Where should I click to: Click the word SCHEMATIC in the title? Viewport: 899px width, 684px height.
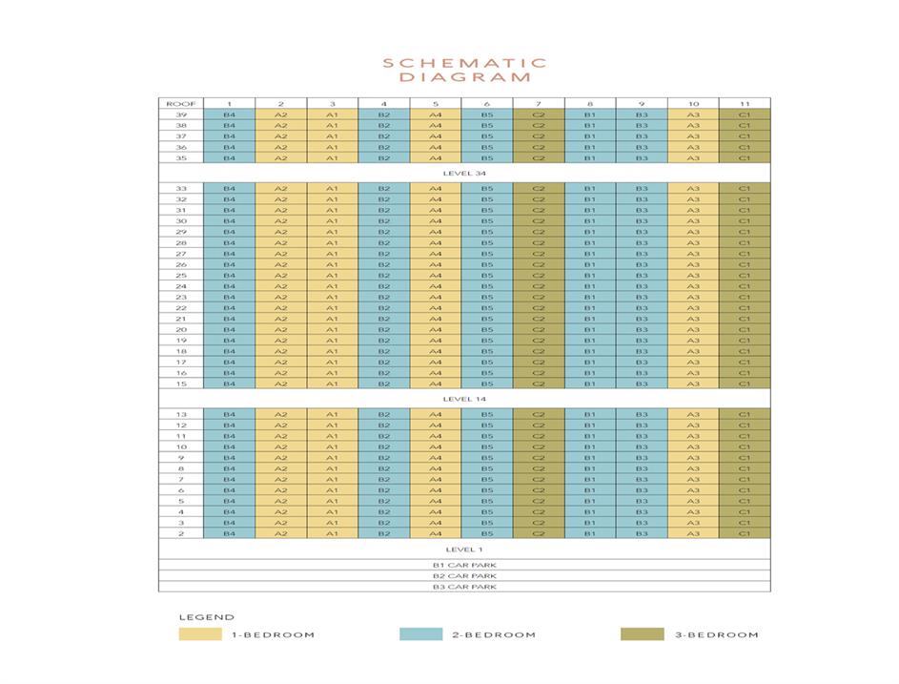(x=464, y=63)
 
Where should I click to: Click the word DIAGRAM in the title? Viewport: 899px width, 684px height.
(x=464, y=77)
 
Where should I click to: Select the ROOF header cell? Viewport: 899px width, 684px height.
(x=180, y=103)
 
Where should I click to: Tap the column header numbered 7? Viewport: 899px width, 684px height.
(x=539, y=103)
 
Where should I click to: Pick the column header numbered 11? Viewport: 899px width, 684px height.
(x=745, y=103)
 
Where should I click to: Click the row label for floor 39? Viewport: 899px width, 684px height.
(x=180, y=114)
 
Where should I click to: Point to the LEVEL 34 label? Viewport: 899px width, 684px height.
(x=464, y=174)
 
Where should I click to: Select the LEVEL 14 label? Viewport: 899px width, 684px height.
(x=464, y=399)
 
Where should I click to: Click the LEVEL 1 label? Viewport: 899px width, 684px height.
(x=464, y=549)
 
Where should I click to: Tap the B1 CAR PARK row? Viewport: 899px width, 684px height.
(x=464, y=565)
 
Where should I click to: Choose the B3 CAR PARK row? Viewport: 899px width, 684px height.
(x=464, y=587)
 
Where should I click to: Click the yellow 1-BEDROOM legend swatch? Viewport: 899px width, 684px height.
(x=199, y=634)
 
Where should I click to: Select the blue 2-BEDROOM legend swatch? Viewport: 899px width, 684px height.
(x=420, y=634)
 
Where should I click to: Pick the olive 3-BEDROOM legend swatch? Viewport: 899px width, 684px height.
(x=641, y=634)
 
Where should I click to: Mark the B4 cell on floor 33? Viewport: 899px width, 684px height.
(x=229, y=188)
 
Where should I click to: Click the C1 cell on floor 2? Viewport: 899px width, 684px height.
(x=745, y=533)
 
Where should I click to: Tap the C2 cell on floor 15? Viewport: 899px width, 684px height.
(x=539, y=383)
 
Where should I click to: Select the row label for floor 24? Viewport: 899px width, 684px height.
(x=180, y=286)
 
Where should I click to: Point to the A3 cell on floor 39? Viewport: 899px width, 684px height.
(x=693, y=114)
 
